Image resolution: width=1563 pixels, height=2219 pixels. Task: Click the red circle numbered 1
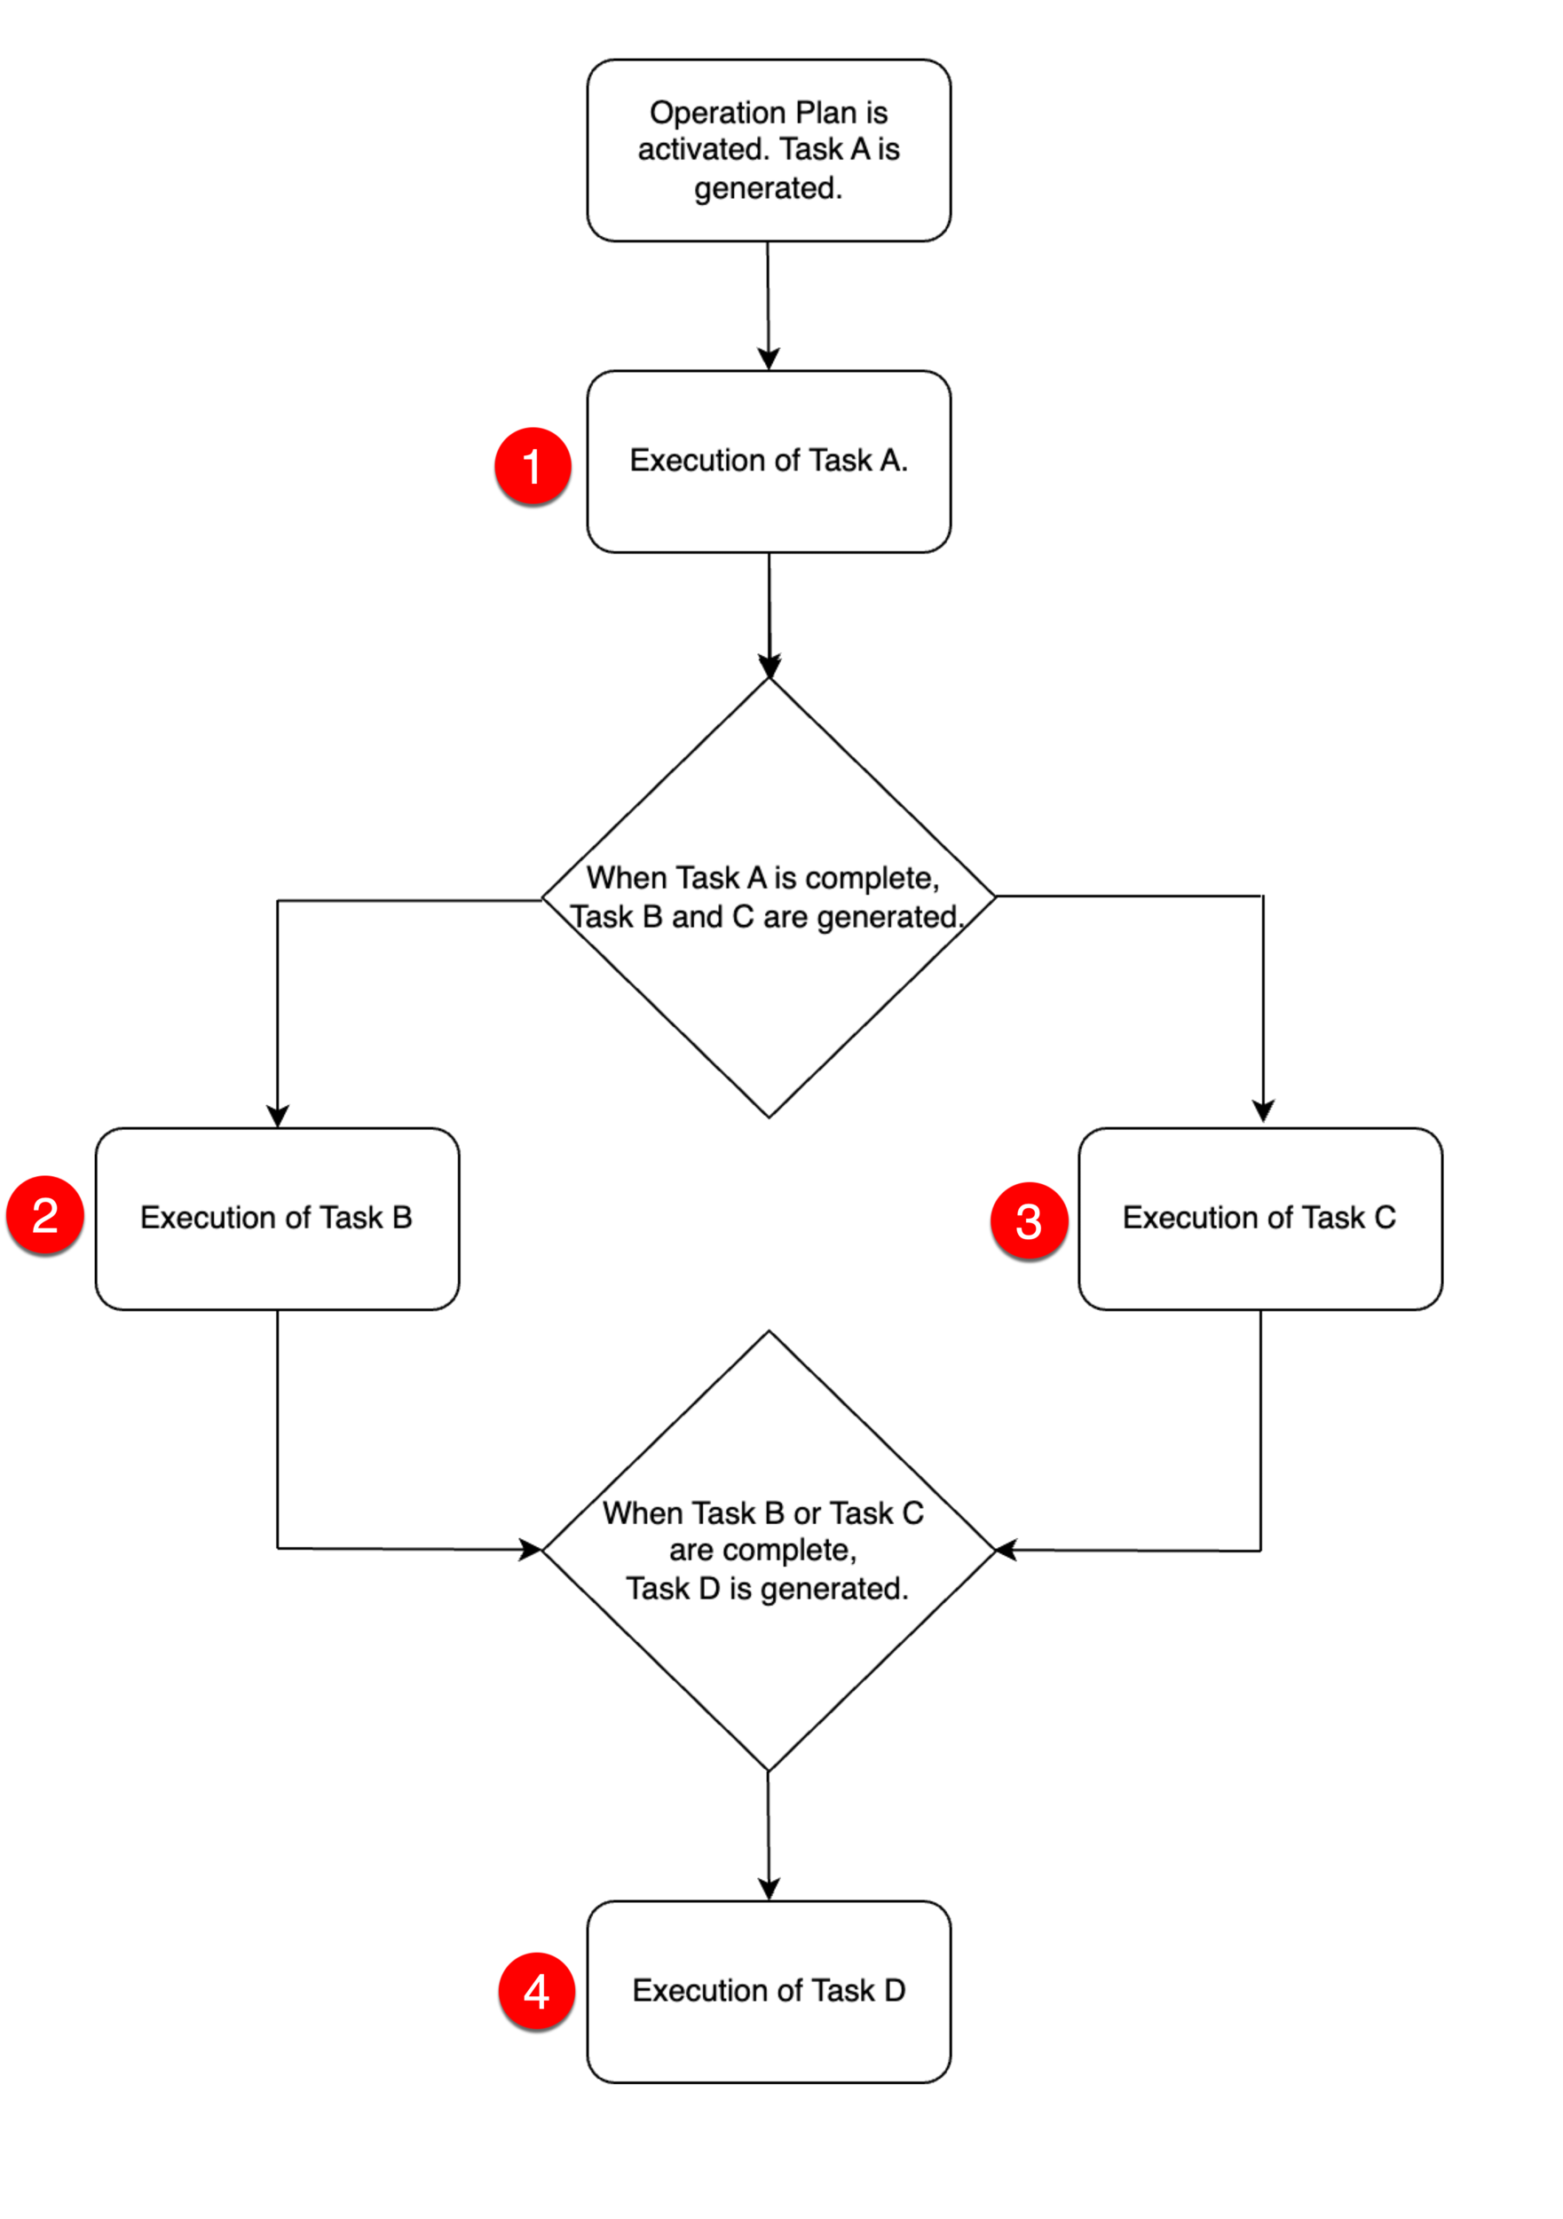(532, 466)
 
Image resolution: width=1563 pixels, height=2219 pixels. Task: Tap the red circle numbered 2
(44, 1215)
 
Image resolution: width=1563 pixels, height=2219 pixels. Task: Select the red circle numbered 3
(1028, 1220)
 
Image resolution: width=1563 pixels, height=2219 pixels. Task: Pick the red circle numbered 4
(535, 1991)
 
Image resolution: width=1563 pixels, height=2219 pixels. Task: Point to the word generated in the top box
(768, 187)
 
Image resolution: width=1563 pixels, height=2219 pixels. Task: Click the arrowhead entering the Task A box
(769, 359)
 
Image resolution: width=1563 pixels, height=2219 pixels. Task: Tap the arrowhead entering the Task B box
(278, 1116)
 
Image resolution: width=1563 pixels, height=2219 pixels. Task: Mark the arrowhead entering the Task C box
(1262, 1110)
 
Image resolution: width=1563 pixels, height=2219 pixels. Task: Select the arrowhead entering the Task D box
(769, 1889)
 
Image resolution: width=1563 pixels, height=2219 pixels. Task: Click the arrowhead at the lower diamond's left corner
(530, 1549)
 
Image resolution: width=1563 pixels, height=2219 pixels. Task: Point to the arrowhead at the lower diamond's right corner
(1007, 1549)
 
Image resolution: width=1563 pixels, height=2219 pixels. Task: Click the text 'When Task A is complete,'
(762, 878)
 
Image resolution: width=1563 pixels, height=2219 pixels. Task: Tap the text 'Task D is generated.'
(767, 1588)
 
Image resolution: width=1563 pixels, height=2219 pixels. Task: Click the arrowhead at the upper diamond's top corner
(770, 666)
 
